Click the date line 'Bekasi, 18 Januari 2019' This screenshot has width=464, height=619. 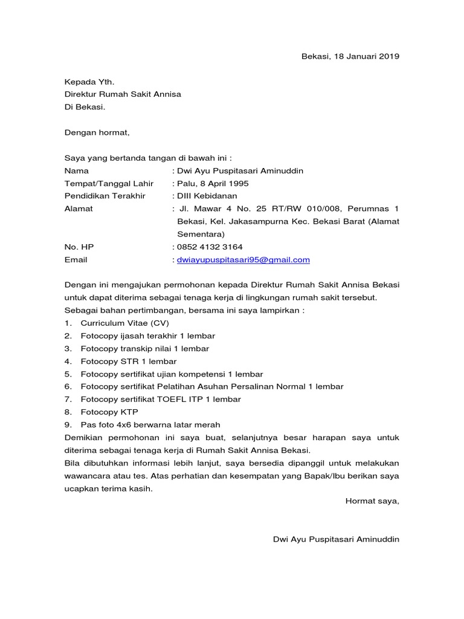click(x=350, y=57)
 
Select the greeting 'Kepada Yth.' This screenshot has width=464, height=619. click(x=89, y=82)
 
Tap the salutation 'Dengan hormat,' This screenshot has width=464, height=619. click(x=97, y=132)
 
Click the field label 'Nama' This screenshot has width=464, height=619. click(x=77, y=171)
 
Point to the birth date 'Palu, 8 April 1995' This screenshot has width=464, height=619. click(x=212, y=184)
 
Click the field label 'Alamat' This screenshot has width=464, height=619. click(x=79, y=209)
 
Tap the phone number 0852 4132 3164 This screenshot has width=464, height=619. click(x=210, y=247)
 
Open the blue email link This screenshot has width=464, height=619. click(x=243, y=260)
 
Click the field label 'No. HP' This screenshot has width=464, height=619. click(x=79, y=247)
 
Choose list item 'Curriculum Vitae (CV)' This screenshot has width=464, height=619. click(x=125, y=323)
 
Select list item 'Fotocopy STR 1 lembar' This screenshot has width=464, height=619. click(x=129, y=361)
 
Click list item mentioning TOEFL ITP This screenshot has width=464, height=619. click(x=161, y=400)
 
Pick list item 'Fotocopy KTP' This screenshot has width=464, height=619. click(x=109, y=412)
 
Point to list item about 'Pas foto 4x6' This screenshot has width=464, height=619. click(x=150, y=425)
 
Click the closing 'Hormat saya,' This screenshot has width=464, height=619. click(x=372, y=501)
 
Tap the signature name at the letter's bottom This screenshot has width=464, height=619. click(x=337, y=539)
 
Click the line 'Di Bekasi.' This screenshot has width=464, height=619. click(x=85, y=107)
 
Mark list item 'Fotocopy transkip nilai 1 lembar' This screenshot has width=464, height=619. click(x=145, y=349)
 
